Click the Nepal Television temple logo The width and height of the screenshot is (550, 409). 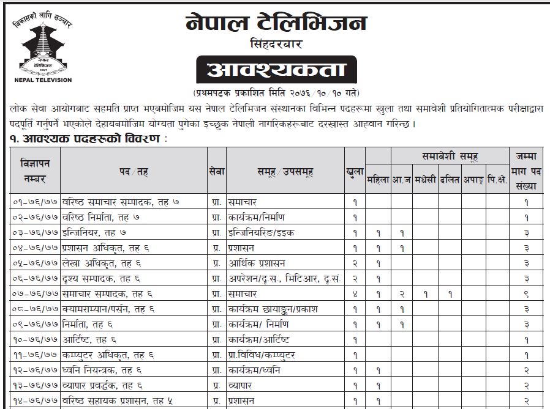tap(42, 49)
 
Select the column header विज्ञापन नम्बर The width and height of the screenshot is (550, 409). tap(36, 172)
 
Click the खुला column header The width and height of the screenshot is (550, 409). tap(355, 172)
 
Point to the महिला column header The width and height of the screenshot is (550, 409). tap(379, 182)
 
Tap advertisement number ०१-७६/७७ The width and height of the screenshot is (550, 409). tap(36, 202)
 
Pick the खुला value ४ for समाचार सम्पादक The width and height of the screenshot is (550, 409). tap(355, 294)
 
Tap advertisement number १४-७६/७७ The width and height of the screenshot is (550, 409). tap(36, 401)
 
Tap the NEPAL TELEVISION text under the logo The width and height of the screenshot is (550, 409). tap(42, 80)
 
